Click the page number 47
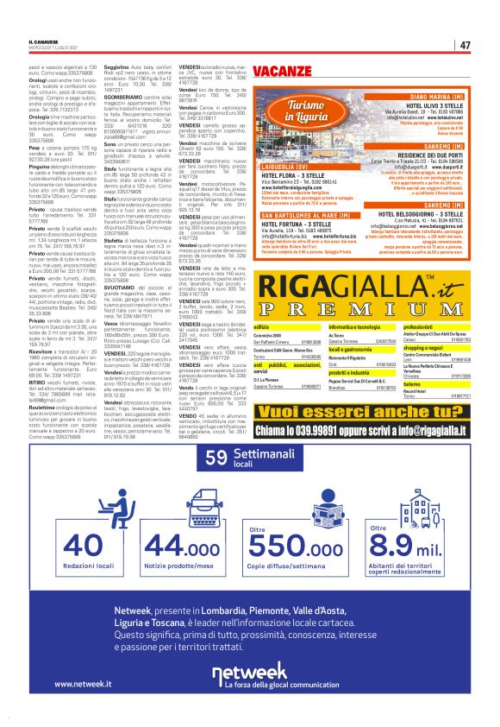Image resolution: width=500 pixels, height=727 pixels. coord(465,45)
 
